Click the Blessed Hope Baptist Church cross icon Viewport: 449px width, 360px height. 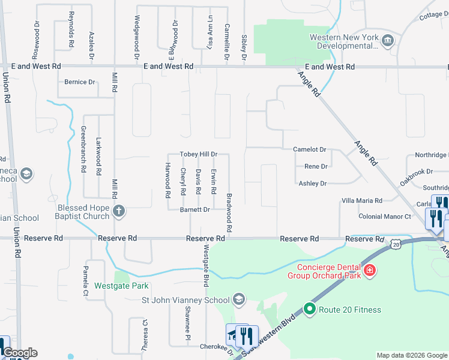coord(119,211)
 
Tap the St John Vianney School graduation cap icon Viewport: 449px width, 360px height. coord(239,299)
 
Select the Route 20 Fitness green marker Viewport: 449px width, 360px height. coord(310,310)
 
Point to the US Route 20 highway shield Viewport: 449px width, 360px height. coord(394,244)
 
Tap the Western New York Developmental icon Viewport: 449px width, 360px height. coord(388,41)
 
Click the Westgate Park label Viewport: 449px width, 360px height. coord(121,286)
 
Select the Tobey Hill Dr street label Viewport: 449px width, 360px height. coord(198,154)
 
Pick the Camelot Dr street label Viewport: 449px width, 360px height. coord(309,149)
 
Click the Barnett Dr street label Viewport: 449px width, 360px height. coord(194,210)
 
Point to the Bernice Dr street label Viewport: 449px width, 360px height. coord(80,82)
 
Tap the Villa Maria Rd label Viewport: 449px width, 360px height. coord(361,200)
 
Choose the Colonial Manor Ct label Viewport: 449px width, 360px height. coord(384,217)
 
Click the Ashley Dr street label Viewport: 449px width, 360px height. coord(312,184)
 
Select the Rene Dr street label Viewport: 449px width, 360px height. coord(316,167)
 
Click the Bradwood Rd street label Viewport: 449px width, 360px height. coord(229,213)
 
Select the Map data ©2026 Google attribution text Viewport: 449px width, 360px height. coord(411,355)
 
